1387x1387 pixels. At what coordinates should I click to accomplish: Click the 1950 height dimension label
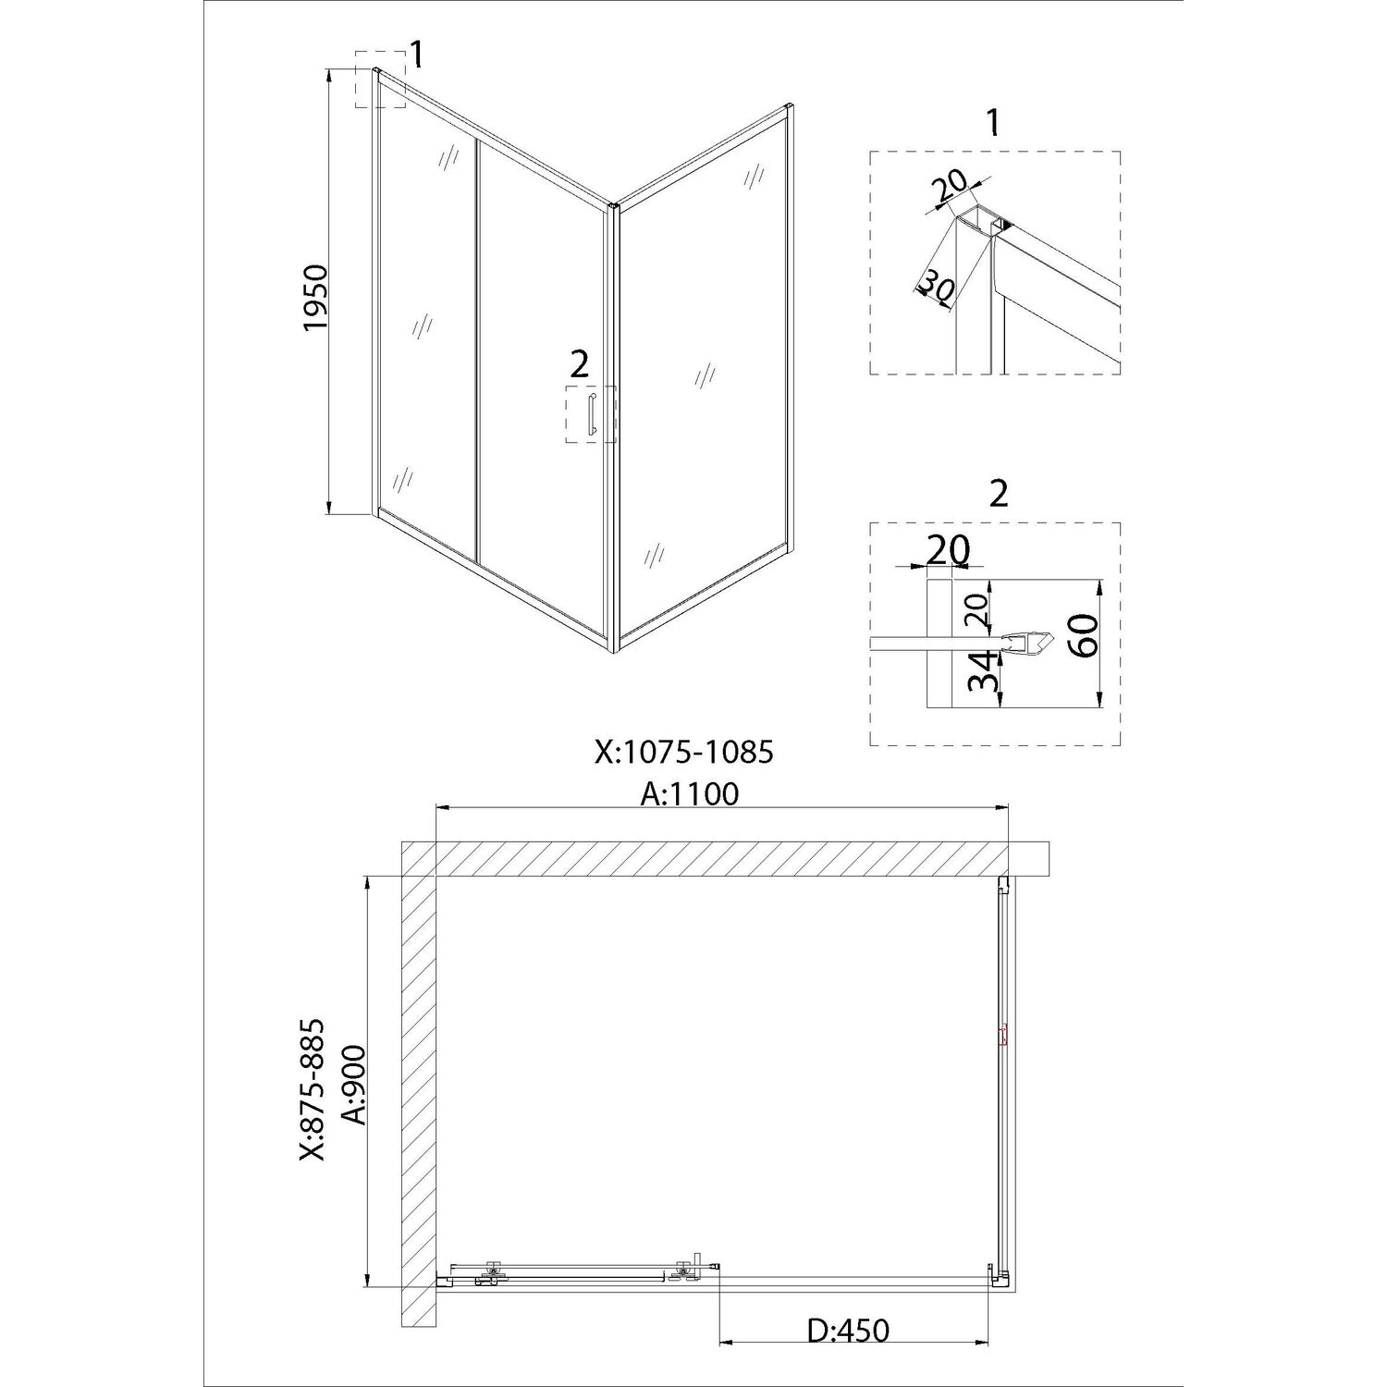[315, 298]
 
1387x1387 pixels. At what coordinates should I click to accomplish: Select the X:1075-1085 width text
[684, 753]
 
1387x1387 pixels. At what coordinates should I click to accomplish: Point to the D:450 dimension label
[847, 1331]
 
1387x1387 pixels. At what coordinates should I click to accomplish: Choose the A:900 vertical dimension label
[354, 1085]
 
